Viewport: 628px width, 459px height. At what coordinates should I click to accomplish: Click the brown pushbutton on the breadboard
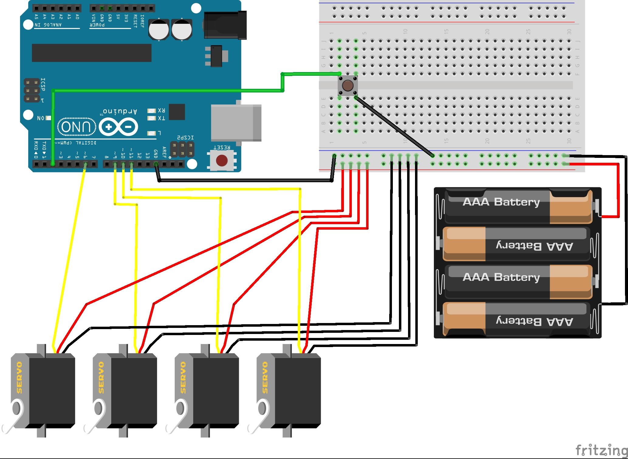[348, 85]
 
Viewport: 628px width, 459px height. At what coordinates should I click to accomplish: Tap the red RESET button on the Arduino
[222, 160]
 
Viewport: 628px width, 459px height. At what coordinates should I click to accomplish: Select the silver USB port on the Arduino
[236, 123]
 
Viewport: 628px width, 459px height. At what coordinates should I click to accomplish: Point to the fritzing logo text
[601, 450]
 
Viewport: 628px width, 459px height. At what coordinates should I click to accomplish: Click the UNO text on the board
[76, 127]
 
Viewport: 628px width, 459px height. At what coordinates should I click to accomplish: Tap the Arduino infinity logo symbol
[118, 127]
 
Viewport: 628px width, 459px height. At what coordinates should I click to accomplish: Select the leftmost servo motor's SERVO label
[19, 377]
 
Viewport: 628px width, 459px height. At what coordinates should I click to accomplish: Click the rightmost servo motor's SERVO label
[265, 377]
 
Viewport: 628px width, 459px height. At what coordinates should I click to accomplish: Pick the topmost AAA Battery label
[501, 202]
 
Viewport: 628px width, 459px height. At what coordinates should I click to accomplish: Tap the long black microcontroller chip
[91, 53]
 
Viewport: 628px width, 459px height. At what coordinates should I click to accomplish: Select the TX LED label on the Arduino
[161, 118]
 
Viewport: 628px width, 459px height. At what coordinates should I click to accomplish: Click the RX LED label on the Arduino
[161, 110]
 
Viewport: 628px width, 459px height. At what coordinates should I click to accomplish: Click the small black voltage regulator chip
[216, 56]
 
